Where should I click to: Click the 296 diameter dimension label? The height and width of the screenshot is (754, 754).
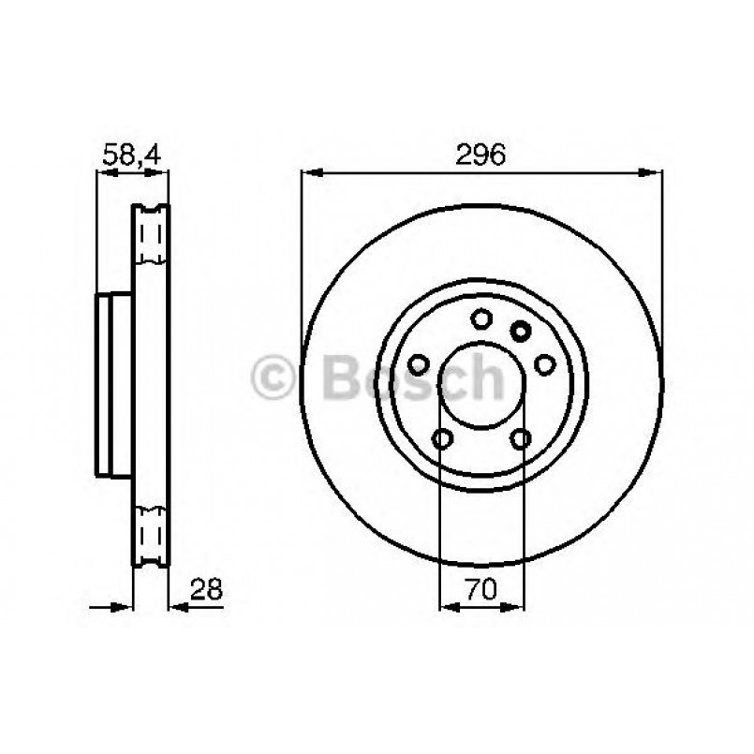[x=481, y=153]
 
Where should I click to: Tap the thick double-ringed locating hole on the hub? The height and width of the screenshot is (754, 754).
[x=521, y=329]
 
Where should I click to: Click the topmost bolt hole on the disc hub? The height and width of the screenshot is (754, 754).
[x=481, y=319]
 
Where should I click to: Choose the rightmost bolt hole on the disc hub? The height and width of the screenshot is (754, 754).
[x=544, y=363]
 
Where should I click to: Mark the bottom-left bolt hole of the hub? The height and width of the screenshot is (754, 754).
[x=443, y=437]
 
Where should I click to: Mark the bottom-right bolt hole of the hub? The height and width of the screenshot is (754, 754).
[x=521, y=437]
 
